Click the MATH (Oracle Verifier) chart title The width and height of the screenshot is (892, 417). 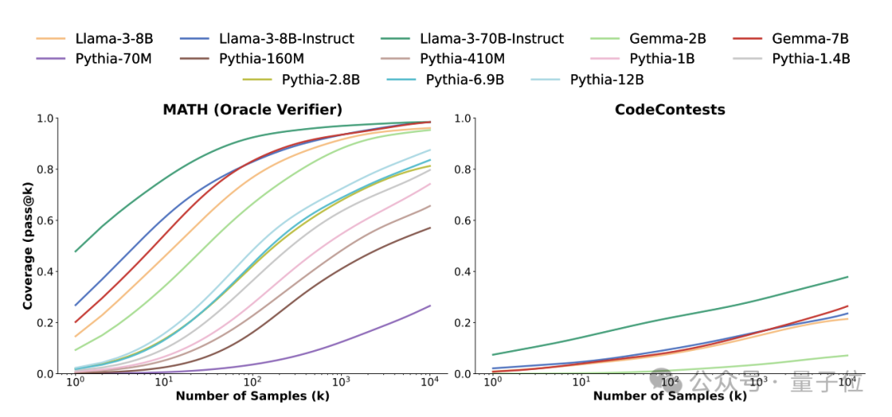(253, 110)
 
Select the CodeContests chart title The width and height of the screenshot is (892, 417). (670, 110)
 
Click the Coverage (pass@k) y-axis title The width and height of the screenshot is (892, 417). (28, 246)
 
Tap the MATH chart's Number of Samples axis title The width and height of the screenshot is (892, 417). (253, 396)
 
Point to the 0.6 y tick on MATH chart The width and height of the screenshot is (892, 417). (48, 220)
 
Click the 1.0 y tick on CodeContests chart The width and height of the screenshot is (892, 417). (464, 118)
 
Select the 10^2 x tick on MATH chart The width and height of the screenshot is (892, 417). (252, 383)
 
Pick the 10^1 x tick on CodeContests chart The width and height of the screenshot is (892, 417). (581, 383)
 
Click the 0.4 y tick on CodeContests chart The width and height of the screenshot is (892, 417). (464, 272)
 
